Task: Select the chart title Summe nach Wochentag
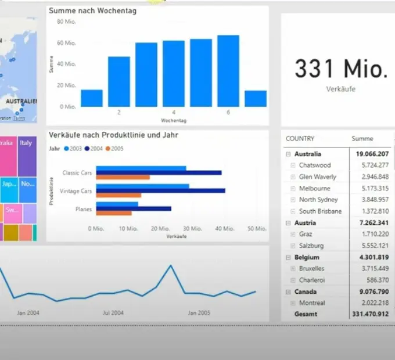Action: (93, 11)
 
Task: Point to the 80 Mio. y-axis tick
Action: (66, 21)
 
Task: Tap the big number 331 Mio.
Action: (340, 69)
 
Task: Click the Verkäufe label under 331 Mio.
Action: (340, 89)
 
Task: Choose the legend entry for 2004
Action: (95, 148)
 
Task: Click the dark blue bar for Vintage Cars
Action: (160, 190)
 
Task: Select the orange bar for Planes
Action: (114, 213)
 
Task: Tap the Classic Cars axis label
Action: (77, 172)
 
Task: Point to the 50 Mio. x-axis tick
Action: (256, 229)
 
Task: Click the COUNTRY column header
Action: (300, 139)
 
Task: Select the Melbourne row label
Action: (314, 189)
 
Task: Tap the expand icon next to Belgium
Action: (288, 257)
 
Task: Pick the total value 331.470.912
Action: (370, 314)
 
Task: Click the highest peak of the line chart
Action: (171, 265)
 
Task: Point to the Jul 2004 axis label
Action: (113, 313)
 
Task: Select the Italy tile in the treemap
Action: (27, 156)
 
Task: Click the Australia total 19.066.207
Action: (370, 154)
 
